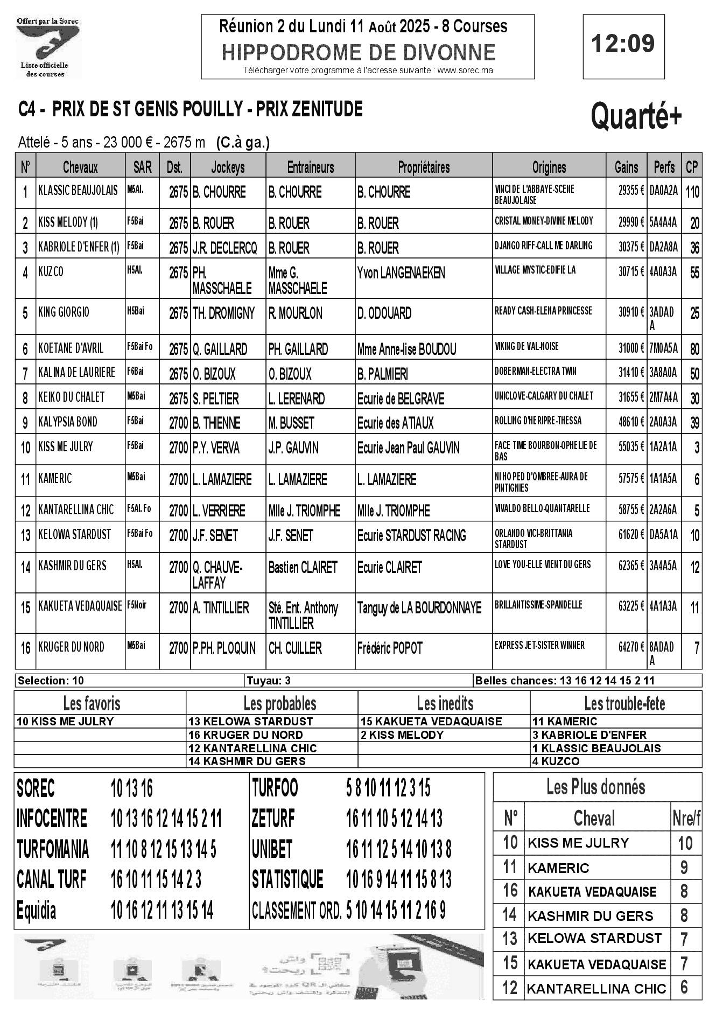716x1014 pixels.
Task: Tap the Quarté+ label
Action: coord(636,116)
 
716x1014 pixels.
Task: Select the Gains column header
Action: coord(626,167)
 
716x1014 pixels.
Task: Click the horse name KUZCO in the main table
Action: coord(51,272)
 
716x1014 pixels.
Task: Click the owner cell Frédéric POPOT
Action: coord(390,648)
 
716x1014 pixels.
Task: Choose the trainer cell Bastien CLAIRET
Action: coord(303,567)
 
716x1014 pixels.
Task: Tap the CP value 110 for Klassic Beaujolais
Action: coord(692,192)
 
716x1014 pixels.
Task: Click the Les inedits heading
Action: coord(445,703)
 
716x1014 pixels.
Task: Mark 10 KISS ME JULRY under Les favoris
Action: coord(65,722)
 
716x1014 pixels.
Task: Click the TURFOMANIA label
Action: coord(53,850)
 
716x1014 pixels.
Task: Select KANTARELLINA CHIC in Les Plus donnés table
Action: coord(596,989)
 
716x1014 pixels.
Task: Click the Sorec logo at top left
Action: coord(47,47)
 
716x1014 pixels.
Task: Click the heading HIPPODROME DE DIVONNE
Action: coord(359,52)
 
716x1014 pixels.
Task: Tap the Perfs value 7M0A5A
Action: coord(663,348)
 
